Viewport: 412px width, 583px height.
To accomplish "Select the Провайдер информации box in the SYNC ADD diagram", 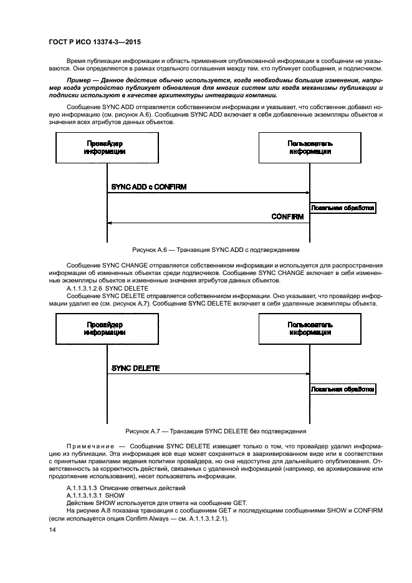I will pos(105,148).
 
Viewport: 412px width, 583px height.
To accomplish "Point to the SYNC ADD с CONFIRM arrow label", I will pos(148,186).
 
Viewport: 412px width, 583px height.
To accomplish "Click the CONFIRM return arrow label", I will pos(287,217).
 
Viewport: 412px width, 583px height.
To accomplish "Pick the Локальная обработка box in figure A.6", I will pos(343,208).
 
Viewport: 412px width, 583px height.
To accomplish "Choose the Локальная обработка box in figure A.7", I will pos(343,389).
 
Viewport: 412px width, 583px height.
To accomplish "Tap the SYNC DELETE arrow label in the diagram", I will pos(135,368).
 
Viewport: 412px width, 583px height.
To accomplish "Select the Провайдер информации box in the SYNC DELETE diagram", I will pos(105,329).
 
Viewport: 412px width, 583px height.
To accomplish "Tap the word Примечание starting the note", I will pos(89,446).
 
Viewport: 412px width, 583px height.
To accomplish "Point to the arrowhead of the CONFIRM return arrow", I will pos(109,223).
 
